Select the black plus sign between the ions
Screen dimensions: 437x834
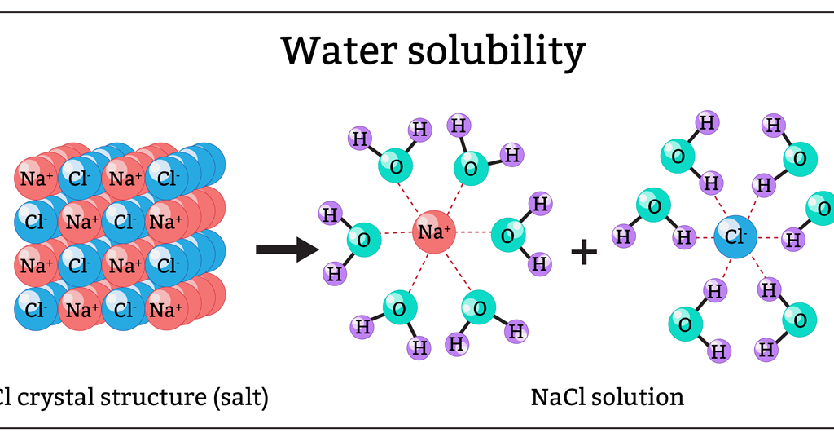tap(584, 252)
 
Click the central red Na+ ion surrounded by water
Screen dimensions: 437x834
tap(434, 233)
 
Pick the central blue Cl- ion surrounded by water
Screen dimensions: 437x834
tap(735, 237)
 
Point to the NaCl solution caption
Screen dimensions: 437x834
tap(607, 397)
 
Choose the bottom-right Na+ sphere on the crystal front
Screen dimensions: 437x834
tap(166, 310)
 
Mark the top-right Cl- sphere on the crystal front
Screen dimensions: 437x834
tap(167, 179)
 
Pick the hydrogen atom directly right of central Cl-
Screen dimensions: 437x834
tap(790, 239)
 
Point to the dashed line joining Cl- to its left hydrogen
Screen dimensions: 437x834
tap(705, 237)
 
